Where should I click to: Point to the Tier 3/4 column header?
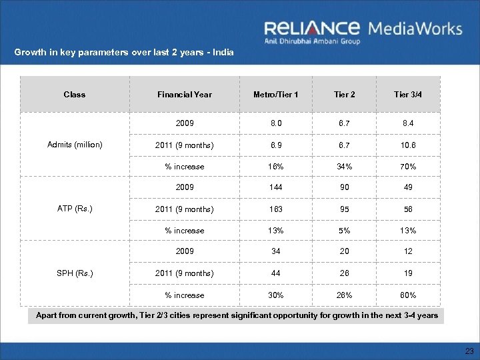[407, 94]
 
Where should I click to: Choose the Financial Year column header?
[185, 94]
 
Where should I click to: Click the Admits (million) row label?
[74, 144]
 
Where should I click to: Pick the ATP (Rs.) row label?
[74, 209]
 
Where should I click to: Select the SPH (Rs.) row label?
[74, 273]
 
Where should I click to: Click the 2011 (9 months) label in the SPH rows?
[185, 273]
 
